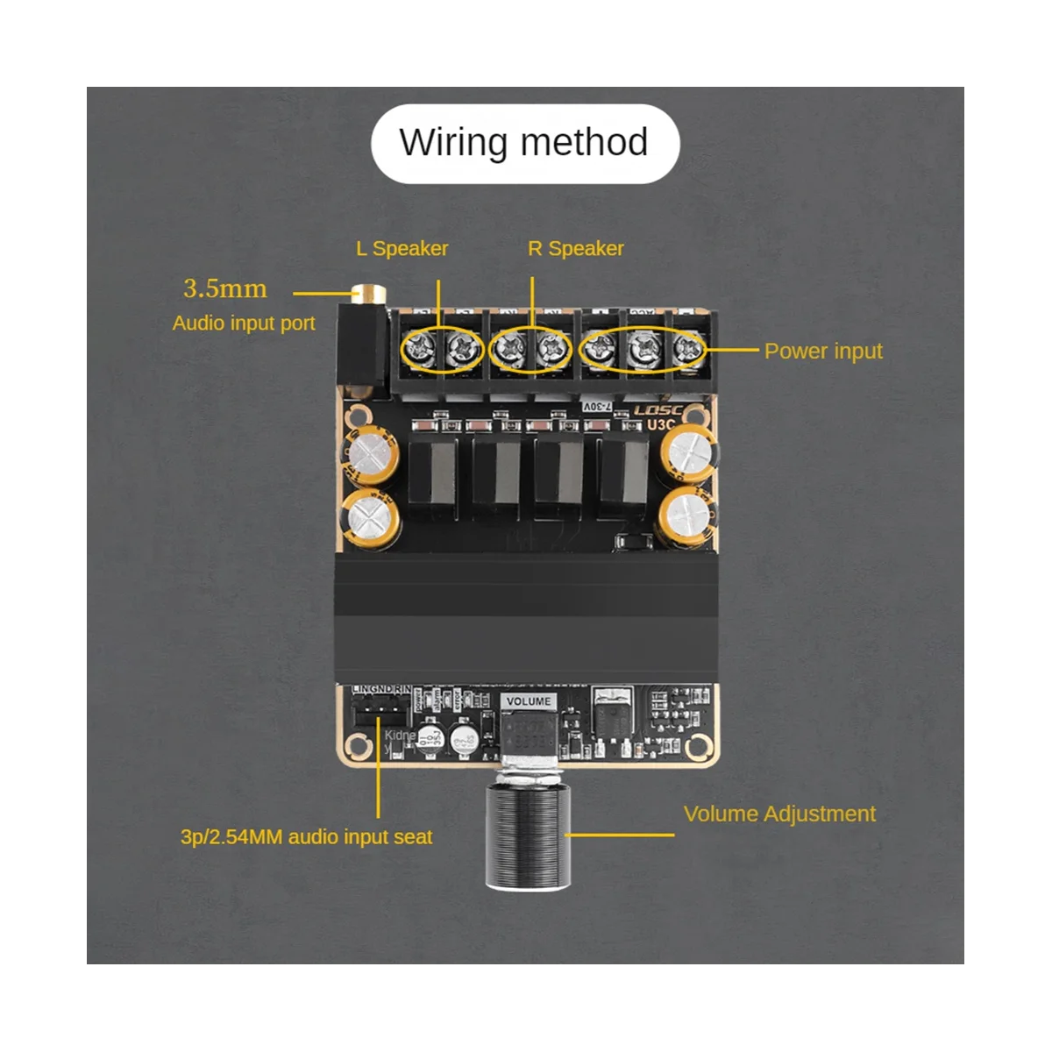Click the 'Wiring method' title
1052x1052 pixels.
(x=524, y=143)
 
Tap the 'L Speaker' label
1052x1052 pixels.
(x=402, y=249)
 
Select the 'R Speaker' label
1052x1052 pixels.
(x=575, y=249)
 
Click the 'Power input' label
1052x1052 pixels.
(x=822, y=352)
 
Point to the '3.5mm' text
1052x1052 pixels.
(x=224, y=289)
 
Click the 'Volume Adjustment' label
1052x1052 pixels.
(x=778, y=814)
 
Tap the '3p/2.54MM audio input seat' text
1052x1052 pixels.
(x=306, y=837)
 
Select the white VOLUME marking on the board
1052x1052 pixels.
(x=528, y=701)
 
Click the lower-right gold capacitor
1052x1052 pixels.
(x=689, y=518)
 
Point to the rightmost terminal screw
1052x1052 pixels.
(x=688, y=350)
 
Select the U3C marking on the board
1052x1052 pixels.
(x=661, y=425)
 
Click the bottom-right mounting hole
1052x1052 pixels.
(x=698, y=747)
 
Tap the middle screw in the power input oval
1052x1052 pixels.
(x=643, y=350)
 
